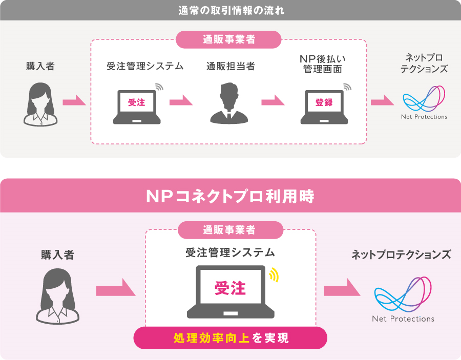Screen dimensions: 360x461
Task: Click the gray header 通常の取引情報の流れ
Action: (x=230, y=10)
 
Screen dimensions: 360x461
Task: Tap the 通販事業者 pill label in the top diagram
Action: (x=229, y=39)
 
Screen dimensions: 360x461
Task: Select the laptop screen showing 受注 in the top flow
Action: (x=137, y=102)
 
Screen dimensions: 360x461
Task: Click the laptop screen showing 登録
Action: (x=324, y=102)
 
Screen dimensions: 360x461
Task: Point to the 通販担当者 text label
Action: (x=230, y=66)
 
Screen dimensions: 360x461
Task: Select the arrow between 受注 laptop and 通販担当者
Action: (x=181, y=101)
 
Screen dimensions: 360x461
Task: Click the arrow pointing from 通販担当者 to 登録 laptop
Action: (x=273, y=101)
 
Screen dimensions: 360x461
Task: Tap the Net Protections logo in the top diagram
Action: (x=424, y=102)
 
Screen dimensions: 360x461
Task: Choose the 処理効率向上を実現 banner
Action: (x=230, y=338)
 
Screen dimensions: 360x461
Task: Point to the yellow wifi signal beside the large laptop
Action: (x=275, y=274)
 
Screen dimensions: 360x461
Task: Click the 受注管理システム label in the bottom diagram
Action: (x=230, y=252)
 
